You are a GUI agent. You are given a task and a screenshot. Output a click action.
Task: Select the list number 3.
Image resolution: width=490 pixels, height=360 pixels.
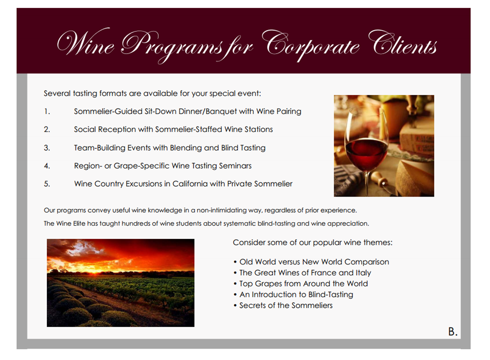click(x=47, y=148)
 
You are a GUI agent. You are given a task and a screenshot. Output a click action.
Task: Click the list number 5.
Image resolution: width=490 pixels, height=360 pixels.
click(x=47, y=184)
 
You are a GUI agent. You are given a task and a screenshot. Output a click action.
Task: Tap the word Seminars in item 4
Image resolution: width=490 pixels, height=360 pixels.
click(x=235, y=166)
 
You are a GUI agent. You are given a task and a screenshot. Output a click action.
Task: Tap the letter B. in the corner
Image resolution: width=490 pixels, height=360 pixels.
click(x=453, y=331)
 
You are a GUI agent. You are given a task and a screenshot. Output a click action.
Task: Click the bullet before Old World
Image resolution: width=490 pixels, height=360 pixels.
click(x=235, y=262)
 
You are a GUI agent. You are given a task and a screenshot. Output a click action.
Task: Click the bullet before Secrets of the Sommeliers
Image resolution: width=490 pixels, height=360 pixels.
click(x=235, y=306)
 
